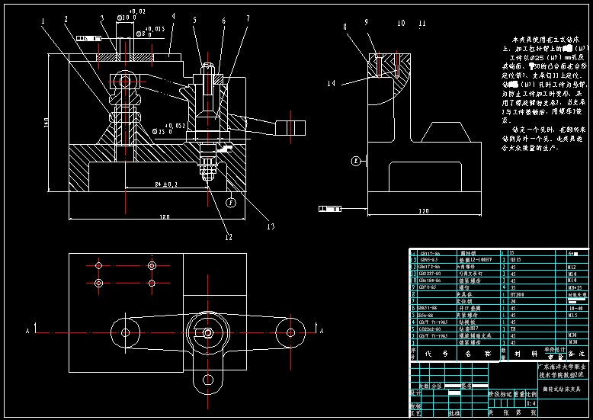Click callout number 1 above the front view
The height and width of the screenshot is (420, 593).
pyautogui.click(x=43, y=21)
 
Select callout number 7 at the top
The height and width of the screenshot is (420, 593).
pyautogui.click(x=248, y=20)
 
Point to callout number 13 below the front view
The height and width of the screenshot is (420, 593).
pyautogui.click(x=270, y=226)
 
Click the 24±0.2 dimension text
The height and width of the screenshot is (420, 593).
pyautogui.click(x=165, y=184)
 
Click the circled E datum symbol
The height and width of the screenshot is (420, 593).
pyautogui.click(x=355, y=161)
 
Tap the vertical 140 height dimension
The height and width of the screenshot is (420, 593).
pyautogui.click(x=46, y=121)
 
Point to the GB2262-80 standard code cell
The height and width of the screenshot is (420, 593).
pyautogui.click(x=429, y=329)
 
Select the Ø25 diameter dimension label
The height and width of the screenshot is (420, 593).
pyautogui.click(x=163, y=131)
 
